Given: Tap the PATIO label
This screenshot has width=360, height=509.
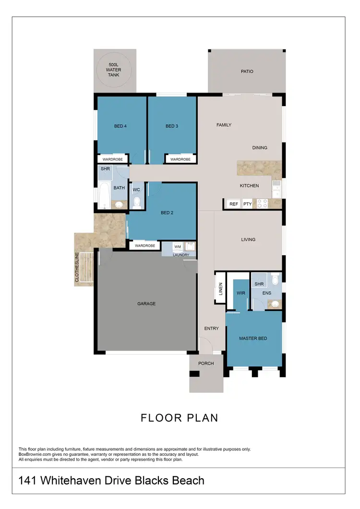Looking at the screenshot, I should tap(247, 71).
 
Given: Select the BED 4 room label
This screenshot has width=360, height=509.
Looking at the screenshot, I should tap(120, 126).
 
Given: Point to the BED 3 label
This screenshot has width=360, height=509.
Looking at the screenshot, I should tap(172, 126).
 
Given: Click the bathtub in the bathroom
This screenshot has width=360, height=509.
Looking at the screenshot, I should tap(104, 195).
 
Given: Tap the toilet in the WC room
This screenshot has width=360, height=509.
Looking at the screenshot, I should tap(136, 202).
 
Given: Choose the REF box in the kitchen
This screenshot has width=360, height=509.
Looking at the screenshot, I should tap(234, 204).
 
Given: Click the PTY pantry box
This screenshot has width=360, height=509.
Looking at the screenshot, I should tap(247, 204).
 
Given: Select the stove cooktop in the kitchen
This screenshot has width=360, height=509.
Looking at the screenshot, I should tap(262, 203).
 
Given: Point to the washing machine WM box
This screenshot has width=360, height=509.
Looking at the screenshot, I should tap(177, 246).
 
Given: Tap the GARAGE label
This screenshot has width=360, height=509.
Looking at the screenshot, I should tap(146, 304).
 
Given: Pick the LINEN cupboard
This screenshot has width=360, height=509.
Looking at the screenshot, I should tap(220, 288).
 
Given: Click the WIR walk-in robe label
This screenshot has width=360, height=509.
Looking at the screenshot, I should tap(241, 293).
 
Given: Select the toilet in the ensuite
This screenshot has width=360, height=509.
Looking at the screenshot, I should tap(275, 280).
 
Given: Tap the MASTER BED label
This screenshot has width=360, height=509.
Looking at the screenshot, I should tap(253, 338).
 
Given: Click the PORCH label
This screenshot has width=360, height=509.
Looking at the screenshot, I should tap(206, 363).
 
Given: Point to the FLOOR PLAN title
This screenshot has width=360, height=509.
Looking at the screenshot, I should tap(180, 418).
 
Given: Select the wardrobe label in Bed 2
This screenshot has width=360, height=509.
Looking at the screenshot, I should tap(144, 246).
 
